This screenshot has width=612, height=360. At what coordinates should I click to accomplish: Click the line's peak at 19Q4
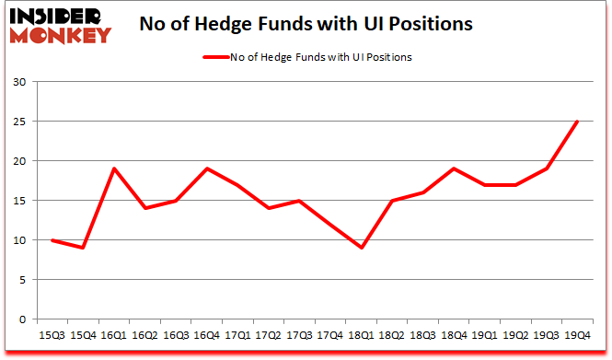point(577,122)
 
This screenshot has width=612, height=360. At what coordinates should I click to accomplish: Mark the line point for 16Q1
point(115,168)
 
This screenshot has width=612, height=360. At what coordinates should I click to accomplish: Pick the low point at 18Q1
point(362,248)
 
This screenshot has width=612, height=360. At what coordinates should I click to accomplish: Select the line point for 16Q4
point(208,168)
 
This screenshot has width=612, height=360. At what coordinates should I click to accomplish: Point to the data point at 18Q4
point(454,168)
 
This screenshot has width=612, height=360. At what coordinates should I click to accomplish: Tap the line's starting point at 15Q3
point(53,240)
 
